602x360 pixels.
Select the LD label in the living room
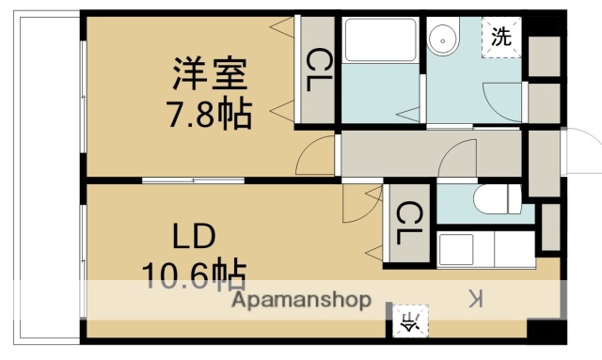(193, 234)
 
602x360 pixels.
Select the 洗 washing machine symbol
(502, 39)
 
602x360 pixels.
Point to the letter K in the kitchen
(476, 300)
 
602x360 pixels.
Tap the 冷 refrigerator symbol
(412, 321)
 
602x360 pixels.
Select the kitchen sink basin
(455, 250)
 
